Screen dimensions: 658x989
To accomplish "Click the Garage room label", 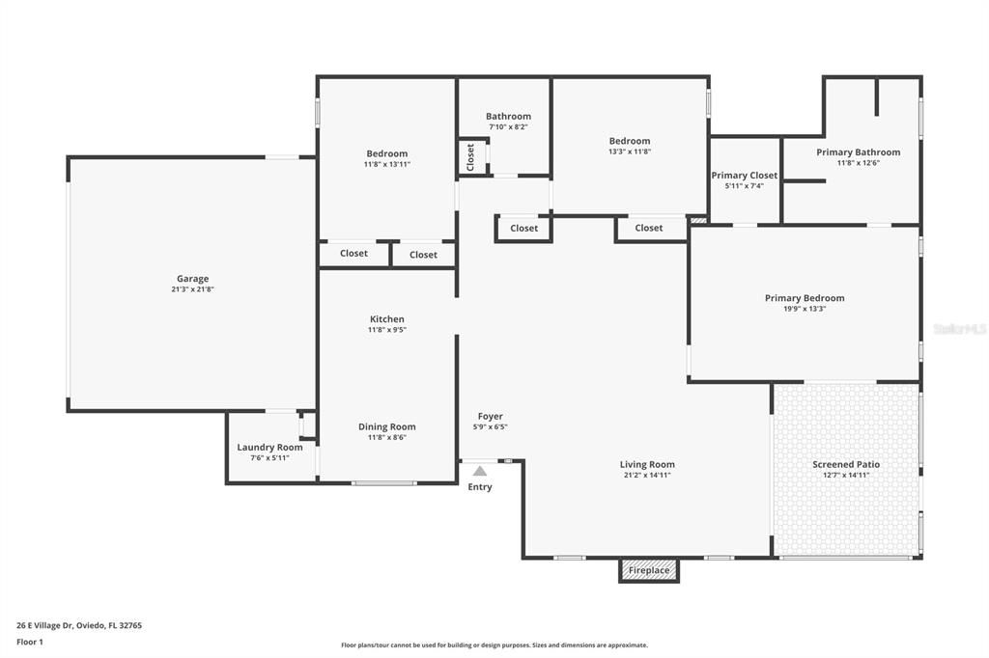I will [x=192, y=279].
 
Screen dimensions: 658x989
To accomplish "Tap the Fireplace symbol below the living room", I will [x=649, y=570].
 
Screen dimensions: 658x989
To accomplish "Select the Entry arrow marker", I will [x=480, y=471].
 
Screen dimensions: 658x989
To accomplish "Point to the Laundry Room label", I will [x=269, y=447].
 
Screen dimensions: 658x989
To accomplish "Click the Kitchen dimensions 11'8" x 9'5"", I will [x=386, y=330].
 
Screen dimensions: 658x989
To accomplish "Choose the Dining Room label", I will [x=386, y=426].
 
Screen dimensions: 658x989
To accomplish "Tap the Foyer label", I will [x=490, y=416].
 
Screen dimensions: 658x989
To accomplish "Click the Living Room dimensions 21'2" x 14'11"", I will [x=647, y=475].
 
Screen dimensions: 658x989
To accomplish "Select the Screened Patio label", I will [x=846, y=464].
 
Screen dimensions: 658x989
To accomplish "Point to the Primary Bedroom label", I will [x=805, y=298].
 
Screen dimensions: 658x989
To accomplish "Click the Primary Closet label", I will [x=744, y=176].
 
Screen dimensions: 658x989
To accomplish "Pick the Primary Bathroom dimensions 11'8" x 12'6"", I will [x=858, y=163].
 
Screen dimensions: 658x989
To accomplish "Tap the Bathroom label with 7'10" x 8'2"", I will [x=508, y=116].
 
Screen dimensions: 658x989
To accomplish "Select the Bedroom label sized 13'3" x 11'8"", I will [x=629, y=141].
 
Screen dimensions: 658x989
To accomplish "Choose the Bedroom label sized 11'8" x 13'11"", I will [x=386, y=153].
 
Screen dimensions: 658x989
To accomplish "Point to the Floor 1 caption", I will [x=30, y=642].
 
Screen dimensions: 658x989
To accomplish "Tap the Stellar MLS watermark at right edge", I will [x=960, y=329].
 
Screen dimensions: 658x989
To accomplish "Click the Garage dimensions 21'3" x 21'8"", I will [x=192, y=289].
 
